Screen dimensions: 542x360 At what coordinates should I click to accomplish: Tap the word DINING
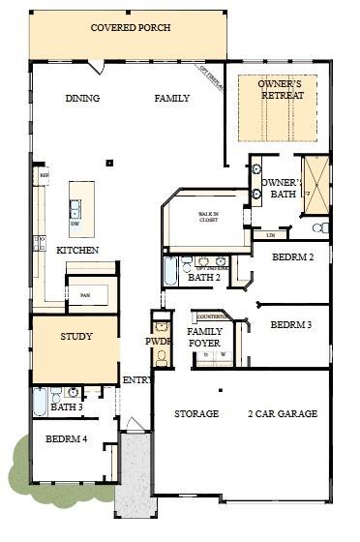[x=82, y=99]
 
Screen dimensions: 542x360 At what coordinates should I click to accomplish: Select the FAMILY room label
[x=172, y=99]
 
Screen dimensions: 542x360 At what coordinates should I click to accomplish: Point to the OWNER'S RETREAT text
[x=281, y=90]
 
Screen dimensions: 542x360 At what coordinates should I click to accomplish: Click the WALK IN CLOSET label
[x=208, y=218]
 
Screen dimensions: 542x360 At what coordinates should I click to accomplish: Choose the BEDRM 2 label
[x=291, y=257]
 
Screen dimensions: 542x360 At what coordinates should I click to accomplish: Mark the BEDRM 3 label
[x=291, y=324]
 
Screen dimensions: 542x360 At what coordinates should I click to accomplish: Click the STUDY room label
[x=75, y=338]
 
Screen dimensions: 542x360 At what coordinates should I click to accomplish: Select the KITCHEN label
[x=77, y=251]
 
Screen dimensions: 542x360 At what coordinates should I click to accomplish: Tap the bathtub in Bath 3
[x=40, y=401]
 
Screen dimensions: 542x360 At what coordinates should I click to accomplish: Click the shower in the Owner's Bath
[x=315, y=184]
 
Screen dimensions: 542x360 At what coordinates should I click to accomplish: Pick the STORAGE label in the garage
[x=195, y=414]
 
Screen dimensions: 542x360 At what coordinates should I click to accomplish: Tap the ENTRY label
[x=136, y=380]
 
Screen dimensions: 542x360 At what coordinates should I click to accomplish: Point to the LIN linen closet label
[x=270, y=234]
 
